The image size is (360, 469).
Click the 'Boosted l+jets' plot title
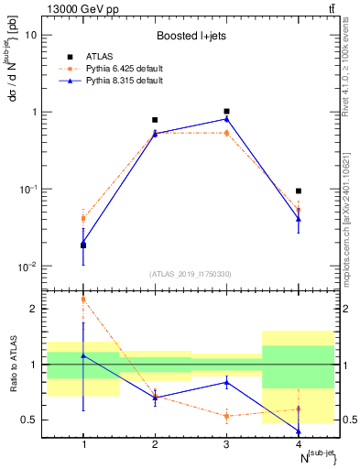pos(191,37)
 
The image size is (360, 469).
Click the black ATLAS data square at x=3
pos(226,111)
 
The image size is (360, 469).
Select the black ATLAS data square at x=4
pos(299,191)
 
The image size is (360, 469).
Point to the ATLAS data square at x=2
pos(155,120)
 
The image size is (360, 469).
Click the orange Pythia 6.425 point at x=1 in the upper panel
pos(83,218)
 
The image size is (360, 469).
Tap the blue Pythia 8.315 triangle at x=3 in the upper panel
pos(226,119)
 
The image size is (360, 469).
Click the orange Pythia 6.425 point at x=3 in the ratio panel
pos(226,416)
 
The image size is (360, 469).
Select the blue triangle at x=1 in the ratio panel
pos(83,354)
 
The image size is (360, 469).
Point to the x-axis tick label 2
pos(155,444)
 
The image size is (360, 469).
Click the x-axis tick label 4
pos(299,444)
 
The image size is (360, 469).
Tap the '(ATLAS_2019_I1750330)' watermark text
pos(191,274)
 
